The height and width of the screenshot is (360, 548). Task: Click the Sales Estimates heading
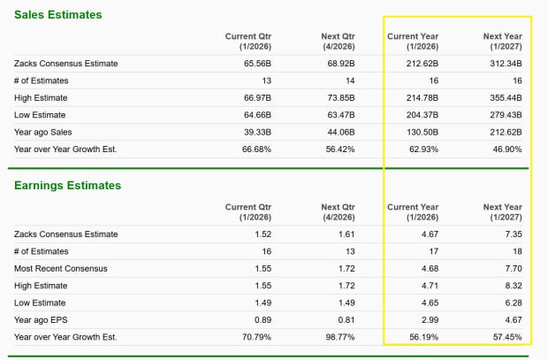click(57, 15)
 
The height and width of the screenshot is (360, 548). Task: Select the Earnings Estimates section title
click(67, 186)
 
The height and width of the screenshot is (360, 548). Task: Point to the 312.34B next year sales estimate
click(504, 64)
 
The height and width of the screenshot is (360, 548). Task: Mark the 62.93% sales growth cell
click(422, 149)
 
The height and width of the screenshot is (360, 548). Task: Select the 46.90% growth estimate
click(505, 149)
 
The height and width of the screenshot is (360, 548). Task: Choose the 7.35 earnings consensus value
click(512, 234)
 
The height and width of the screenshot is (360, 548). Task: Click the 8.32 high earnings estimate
click(512, 286)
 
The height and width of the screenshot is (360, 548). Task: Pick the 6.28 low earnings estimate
click(512, 303)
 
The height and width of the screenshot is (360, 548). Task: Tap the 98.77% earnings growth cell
click(339, 337)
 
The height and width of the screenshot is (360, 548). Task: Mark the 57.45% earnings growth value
click(505, 337)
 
